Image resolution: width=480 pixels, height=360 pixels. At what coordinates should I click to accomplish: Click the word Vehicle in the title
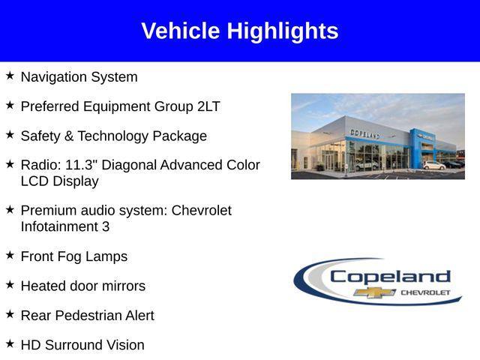[181, 31]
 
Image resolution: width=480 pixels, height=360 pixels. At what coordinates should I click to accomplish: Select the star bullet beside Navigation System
[10, 76]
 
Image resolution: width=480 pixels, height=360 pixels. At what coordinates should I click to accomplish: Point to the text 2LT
[208, 106]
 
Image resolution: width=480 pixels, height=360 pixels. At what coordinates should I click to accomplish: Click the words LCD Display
[59, 181]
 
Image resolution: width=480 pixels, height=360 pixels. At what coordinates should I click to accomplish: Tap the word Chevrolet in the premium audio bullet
[202, 211]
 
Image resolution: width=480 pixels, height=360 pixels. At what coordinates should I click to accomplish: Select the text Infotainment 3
[64, 226]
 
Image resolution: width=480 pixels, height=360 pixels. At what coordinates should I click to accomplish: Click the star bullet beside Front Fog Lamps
[10, 255]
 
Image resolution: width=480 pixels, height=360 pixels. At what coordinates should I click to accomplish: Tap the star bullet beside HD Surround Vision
[10, 343]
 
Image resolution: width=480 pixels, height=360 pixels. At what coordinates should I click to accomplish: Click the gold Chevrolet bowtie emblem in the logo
[375, 292]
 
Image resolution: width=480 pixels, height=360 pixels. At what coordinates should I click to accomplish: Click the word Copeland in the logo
[390, 276]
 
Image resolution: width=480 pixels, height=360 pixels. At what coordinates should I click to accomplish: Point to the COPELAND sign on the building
[364, 133]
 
